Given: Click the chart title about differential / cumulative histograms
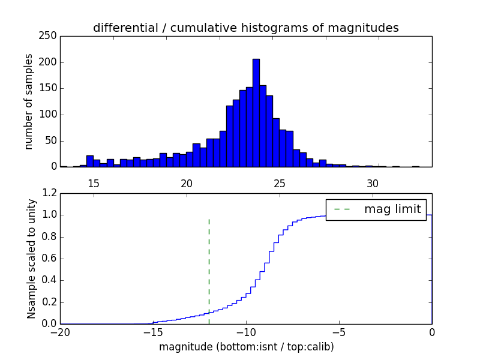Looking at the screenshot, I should coord(245,28).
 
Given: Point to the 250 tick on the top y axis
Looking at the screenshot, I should coord(50,36).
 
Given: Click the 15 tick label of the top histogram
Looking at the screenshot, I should coord(94,184).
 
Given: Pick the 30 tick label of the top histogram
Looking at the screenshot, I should coord(373,184).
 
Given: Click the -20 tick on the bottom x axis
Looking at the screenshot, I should coord(60,331).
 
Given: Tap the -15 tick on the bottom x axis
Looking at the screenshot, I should coord(153,331).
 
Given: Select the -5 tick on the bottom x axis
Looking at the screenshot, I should coord(339,331).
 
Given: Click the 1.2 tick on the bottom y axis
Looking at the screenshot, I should coord(50,193).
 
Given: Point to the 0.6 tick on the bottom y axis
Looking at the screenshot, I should coord(50,259).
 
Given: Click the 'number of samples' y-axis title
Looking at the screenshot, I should coord(29,101).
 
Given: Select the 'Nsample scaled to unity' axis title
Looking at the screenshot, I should coord(31,259).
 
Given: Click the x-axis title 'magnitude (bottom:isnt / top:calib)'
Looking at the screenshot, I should coord(246,347).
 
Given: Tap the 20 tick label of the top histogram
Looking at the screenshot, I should coord(187,184).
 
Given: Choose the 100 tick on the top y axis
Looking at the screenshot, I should coord(50,115).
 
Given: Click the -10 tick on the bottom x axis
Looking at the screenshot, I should coord(246,331).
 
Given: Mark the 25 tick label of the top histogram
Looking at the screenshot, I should coord(280,184).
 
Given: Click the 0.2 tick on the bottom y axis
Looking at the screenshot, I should coord(50,302).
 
